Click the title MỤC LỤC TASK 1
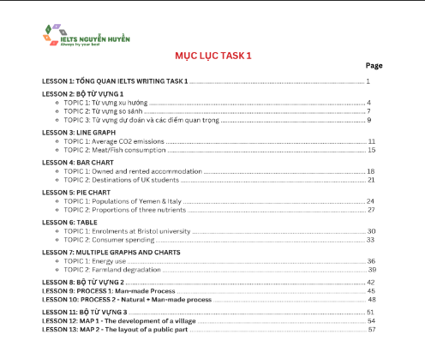tap(213, 56)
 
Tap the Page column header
tap(374, 65)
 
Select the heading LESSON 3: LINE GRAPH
tap(79, 133)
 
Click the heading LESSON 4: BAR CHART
tap(78, 162)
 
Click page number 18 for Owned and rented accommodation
tap(371, 171)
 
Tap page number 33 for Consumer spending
tap(371, 240)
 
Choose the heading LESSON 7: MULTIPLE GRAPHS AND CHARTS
tap(111, 252)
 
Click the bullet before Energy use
tap(57, 261)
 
